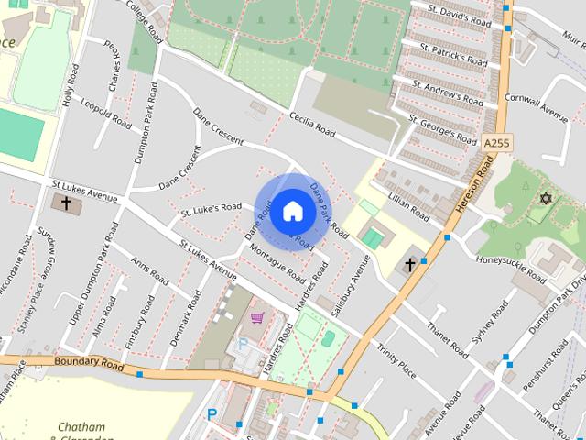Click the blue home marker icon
291,211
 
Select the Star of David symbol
548,199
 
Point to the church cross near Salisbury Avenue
409,265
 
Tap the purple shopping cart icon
257,317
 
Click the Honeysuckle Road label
510,258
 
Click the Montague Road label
277,261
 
